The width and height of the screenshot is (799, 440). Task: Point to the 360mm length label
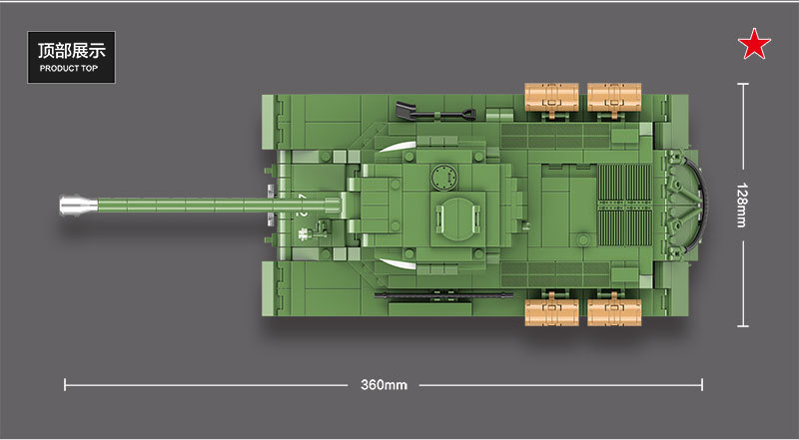(x=385, y=385)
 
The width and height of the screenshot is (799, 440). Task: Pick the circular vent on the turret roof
(x=437, y=178)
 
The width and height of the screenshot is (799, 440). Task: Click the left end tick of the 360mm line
(x=65, y=384)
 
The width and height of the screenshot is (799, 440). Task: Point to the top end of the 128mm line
(x=742, y=85)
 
